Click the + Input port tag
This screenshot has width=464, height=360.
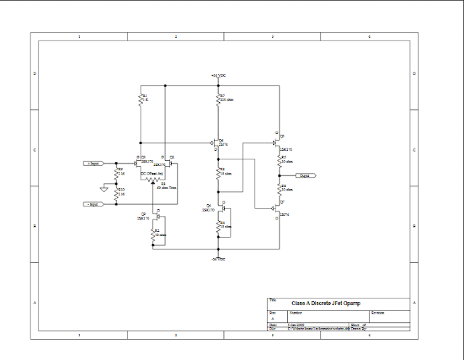point(95,164)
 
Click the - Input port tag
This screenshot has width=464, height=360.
point(95,205)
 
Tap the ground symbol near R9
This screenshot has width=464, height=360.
point(104,189)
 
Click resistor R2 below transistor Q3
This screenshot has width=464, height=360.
point(152,233)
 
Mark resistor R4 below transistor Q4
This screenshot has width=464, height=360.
point(217,226)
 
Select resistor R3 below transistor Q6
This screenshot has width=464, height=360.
point(217,172)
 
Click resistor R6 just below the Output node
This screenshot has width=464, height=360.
point(278,188)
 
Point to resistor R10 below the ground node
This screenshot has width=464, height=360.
point(117,193)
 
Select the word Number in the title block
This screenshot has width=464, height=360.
point(296,312)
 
